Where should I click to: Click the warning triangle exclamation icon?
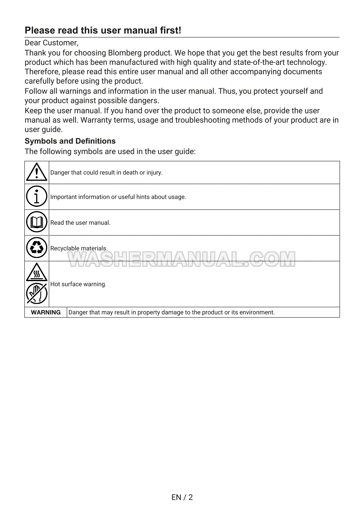pyautogui.click(x=36, y=172)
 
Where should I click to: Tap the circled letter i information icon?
pyautogui.click(x=36, y=196)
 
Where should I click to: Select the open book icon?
pyautogui.click(x=36, y=222)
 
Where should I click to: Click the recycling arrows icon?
pyautogui.click(x=36, y=248)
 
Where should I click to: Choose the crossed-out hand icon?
pyautogui.click(x=36, y=293)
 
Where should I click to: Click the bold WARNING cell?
pyautogui.click(x=46, y=312)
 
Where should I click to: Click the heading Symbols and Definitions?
pyautogui.click(x=70, y=141)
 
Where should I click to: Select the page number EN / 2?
pyautogui.click(x=182, y=497)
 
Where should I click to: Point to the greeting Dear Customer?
pyautogui.click(x=51, y=43)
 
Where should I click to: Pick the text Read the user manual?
pyautogui.click(x=80, y=223)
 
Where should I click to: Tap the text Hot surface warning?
pyautogui.click(x=78, y=284)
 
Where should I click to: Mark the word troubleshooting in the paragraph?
pyautogui.click(x=203, y=120)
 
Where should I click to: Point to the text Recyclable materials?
pyautogui.click(x=79, y=248)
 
